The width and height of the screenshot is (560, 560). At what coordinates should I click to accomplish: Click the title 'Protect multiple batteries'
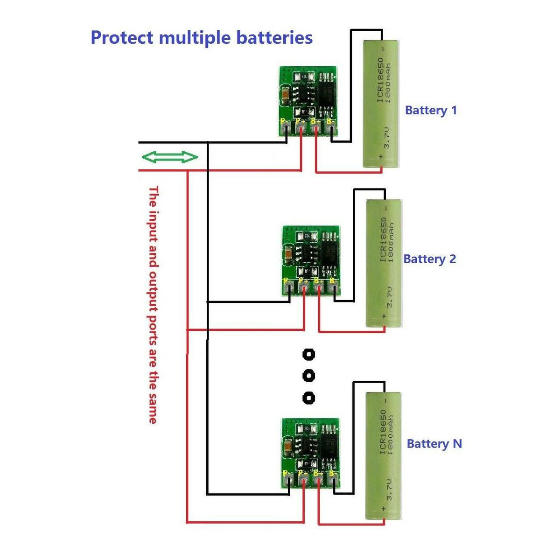pos(202,37)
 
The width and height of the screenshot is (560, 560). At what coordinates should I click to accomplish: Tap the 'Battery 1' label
pos(431,111)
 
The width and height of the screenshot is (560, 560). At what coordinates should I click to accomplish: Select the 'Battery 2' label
pos(429,259)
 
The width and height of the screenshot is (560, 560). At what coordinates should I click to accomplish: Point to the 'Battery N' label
pos(434,444)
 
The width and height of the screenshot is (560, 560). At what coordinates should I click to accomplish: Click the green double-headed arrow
pos(170,157)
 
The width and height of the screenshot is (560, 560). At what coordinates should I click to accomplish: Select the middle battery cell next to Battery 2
pos(384,263)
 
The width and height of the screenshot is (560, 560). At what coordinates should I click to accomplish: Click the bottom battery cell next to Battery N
pos(384,455)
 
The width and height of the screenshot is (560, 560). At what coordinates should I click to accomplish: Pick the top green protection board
pos(308,101)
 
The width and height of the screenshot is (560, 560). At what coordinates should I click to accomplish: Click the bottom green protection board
pos(310,453)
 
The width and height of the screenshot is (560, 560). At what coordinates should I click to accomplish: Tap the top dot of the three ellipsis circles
pos(308,355)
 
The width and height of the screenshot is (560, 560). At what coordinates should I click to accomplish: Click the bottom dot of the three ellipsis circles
pos(308,398)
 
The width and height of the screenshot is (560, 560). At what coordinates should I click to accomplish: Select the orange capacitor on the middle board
pos(289,255)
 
